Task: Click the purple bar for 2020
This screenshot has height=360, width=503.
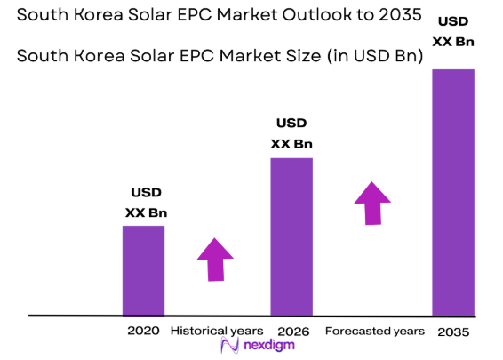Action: point(143,270)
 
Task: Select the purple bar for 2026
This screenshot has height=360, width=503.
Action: point(291,236)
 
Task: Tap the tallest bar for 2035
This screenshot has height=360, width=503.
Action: point(452,192)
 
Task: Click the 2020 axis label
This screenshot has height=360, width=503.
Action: point(143,331)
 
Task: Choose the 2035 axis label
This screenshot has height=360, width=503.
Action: point(452,332)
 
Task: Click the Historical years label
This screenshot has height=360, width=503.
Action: point(216,331)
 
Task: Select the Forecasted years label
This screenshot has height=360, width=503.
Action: point(374,331)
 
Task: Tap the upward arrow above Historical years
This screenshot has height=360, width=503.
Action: point(214,260)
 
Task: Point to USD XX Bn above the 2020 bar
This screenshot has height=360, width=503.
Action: point(146,202)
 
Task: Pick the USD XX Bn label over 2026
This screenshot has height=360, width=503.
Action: point(291,133)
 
